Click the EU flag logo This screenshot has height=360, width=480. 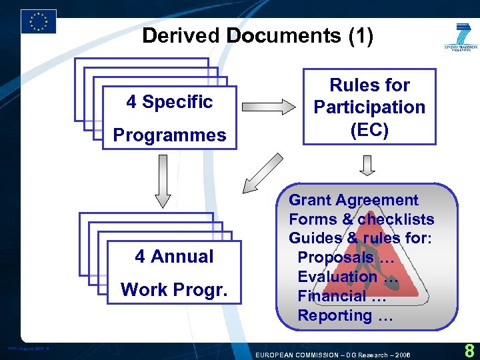(x=39, y=21)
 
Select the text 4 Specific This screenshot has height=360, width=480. (x=169, y=102)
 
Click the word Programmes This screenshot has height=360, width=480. (x=169, y=135)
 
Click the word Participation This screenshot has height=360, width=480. (x=369, y=107)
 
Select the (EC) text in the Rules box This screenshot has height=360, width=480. (x=369, y=129)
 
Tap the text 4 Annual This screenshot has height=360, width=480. (x=174, y=257)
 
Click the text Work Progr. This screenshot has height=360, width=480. (x=174, y=290)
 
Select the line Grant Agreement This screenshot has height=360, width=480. (x=353, y=200)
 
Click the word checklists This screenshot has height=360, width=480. (x=396, y=219)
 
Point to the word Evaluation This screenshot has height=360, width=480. (x=337, y=277)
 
